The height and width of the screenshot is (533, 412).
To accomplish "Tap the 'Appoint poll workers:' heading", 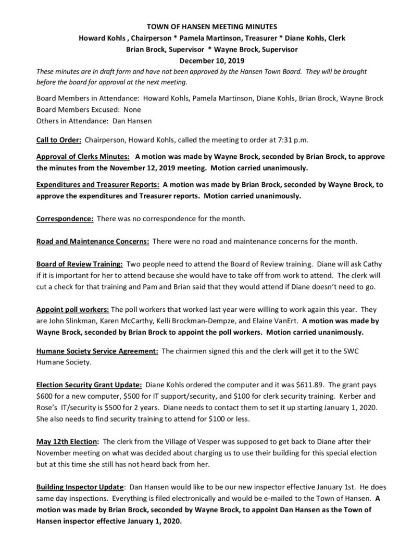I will pyautogui.click(x=72, y=309).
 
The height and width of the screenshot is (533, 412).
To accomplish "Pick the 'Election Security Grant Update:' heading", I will pyautogui.click(x=89, y=386).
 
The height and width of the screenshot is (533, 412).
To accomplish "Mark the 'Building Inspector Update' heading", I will pyautogui.click(x=80, y=487).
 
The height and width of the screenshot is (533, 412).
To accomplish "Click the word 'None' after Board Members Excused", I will pyautogui.click(x=129, y=110).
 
